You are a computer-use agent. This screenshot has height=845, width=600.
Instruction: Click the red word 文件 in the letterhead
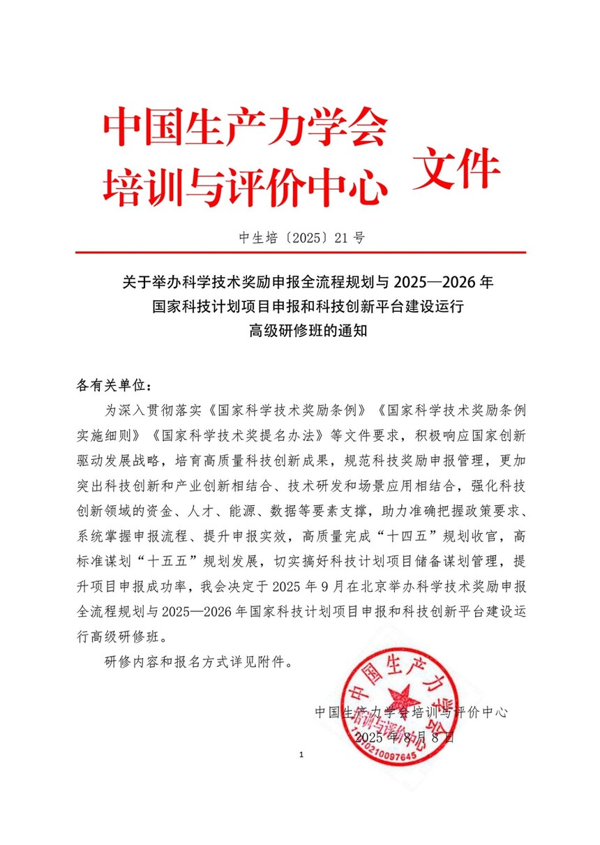(457, 169)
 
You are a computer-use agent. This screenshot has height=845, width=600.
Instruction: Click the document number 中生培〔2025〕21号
(300, 238)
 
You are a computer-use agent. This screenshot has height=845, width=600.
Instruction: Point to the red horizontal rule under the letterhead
(300, 253)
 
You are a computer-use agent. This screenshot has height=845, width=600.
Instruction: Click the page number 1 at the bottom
(300, 755)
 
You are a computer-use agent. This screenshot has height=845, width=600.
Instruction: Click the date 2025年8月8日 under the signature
(405, 737)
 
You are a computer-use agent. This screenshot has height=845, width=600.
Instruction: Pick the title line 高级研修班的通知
(300, 331)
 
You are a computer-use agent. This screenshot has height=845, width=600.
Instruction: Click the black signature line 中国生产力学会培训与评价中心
(411, 712)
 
